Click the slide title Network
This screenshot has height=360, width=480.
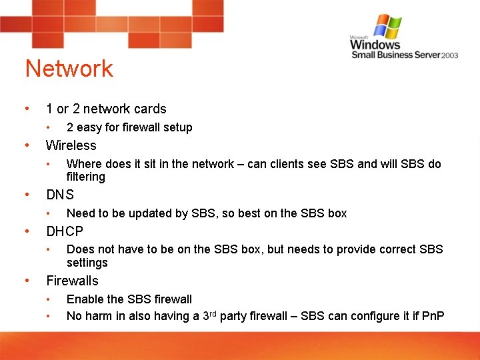pos(69,69)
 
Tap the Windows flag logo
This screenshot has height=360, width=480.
pos(388,26)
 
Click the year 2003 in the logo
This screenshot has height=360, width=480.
pos(450,55)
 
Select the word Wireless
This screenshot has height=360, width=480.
pos(71,145)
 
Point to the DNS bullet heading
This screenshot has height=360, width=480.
pos(60,195)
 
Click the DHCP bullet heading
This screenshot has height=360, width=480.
pos(65,231)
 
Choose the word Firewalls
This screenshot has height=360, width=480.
pos(72,281)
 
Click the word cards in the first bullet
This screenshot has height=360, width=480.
pos(150,109)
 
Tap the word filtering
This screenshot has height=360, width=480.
pos(86,177)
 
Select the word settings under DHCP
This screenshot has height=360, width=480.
pos(87,262)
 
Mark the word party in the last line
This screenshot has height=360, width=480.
pos(233,316)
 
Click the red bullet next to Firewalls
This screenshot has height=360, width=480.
pos(26,281)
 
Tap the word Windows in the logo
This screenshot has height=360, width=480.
pos(375,45)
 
